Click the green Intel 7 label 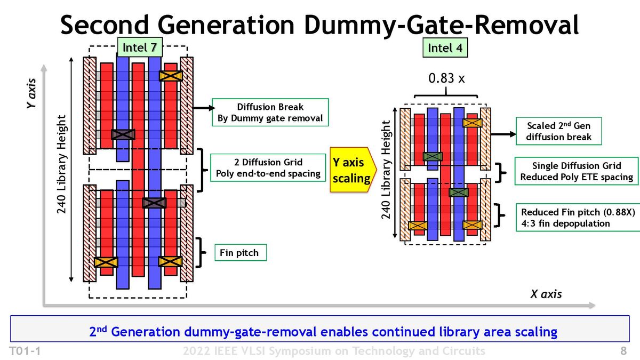140,47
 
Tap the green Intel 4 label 445,47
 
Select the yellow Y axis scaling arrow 353,170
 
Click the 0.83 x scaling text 446,78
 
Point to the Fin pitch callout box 241,253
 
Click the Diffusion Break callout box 270,113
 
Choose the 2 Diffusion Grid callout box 268,167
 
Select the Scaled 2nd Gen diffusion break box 558,131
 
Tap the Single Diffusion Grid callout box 577,171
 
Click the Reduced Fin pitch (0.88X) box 578,218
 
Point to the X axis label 546,294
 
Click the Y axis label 31,93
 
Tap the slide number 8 623,350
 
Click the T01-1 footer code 25,351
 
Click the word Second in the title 105,25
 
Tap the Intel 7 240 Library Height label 61,164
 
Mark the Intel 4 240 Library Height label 386,170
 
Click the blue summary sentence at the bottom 323,331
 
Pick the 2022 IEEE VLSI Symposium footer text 334,351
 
